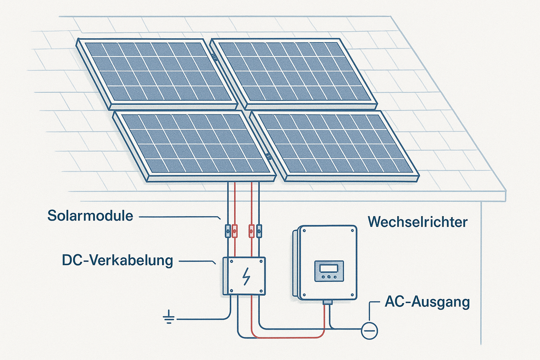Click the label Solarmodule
91,216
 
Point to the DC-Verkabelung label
118,260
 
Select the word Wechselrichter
418,222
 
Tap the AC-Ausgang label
427,302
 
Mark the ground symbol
169,319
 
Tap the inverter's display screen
329,268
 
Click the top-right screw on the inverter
353,230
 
